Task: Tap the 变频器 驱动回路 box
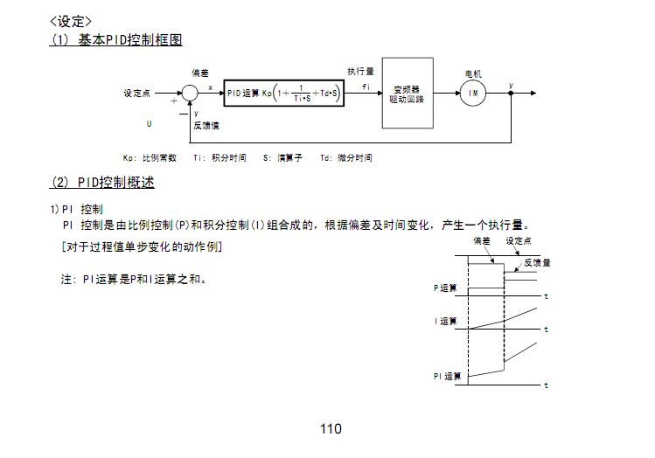pos(408,94)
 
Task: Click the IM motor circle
pos(473,94)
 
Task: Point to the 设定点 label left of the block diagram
pos(137,93)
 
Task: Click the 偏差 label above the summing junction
pos(200,73)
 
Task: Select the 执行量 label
pos(360,72)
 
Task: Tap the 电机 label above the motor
pos(473,73)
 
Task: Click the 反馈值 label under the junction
pos(206,125)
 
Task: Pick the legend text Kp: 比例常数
pos(150,158)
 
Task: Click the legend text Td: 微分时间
pos(345,158)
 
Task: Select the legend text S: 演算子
pos(282,158)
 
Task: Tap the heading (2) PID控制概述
pos(102,183)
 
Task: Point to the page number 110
pos(331,428)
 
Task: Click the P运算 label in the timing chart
pos(445,287)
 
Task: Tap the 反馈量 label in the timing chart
pos(536,262)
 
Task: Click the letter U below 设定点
pos(149,124)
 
